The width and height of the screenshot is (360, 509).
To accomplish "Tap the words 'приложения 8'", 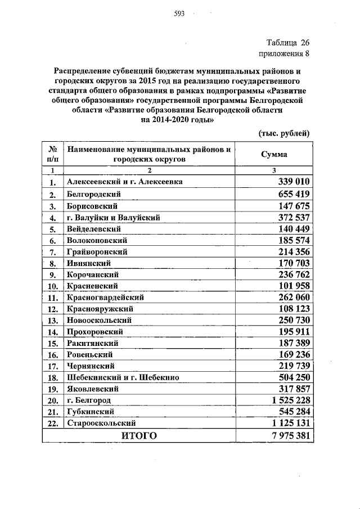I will (x=283, y=54).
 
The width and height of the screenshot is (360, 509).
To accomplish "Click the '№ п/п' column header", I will (x=52, y=155).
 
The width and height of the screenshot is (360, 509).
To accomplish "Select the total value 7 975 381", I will (x=289, y=436).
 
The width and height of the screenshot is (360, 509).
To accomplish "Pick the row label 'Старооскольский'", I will (x=101, y=423).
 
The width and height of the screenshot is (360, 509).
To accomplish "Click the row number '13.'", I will (x=53, y=321).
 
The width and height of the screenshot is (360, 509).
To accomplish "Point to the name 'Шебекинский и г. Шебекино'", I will (x=123, y=378).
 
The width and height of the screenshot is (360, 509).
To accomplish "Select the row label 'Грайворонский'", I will (x=97, y=251).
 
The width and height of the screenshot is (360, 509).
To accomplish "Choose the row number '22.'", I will (x=53, y=424).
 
